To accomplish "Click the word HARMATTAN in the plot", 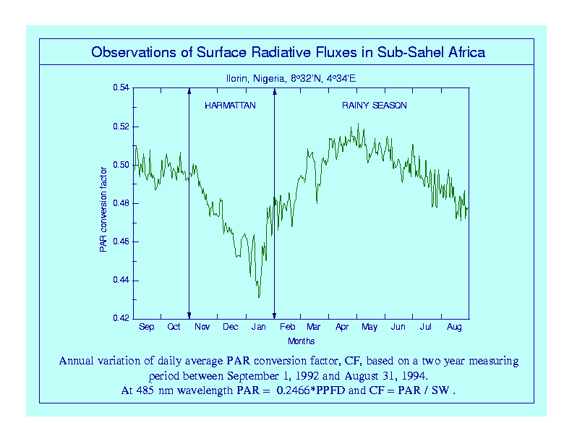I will point(230,106).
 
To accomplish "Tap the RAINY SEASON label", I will point(375,106).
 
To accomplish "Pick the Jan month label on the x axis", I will point(258,328).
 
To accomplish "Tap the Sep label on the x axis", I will point(147,328).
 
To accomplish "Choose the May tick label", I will point(369,328).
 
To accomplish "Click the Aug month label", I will point(454,328).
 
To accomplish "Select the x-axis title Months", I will point(301,341).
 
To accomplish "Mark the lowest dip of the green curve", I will point(259,296).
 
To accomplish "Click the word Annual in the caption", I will point(77,361).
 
